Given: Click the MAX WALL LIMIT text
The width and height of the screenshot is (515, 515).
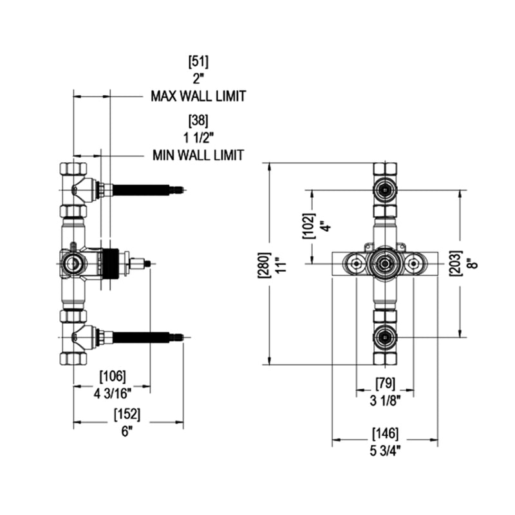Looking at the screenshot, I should (x=198, y=97).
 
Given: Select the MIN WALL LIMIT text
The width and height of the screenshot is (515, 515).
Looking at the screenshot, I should (x=198, y=155).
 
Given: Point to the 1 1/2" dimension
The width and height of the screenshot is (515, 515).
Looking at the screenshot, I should (x=198, y=138).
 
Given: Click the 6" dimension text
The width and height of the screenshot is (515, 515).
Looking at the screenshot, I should (x=126, y=431).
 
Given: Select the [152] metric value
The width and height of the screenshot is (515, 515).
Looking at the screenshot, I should (x=126, y=415).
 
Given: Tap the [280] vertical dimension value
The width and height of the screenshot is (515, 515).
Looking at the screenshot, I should (x=261, y=264).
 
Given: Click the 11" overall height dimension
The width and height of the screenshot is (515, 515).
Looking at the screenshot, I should (x=279, y=264).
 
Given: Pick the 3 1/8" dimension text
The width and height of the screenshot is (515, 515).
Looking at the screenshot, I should (x=386, y=400).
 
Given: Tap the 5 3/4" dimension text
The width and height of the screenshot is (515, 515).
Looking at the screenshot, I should (x=385, y=450).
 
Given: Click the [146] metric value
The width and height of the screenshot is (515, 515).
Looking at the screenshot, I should (x=385, y=433).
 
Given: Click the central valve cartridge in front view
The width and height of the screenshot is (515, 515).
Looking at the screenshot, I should (x=385, y=263).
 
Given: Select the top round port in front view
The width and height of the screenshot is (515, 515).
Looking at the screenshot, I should (x=385, y=190).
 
